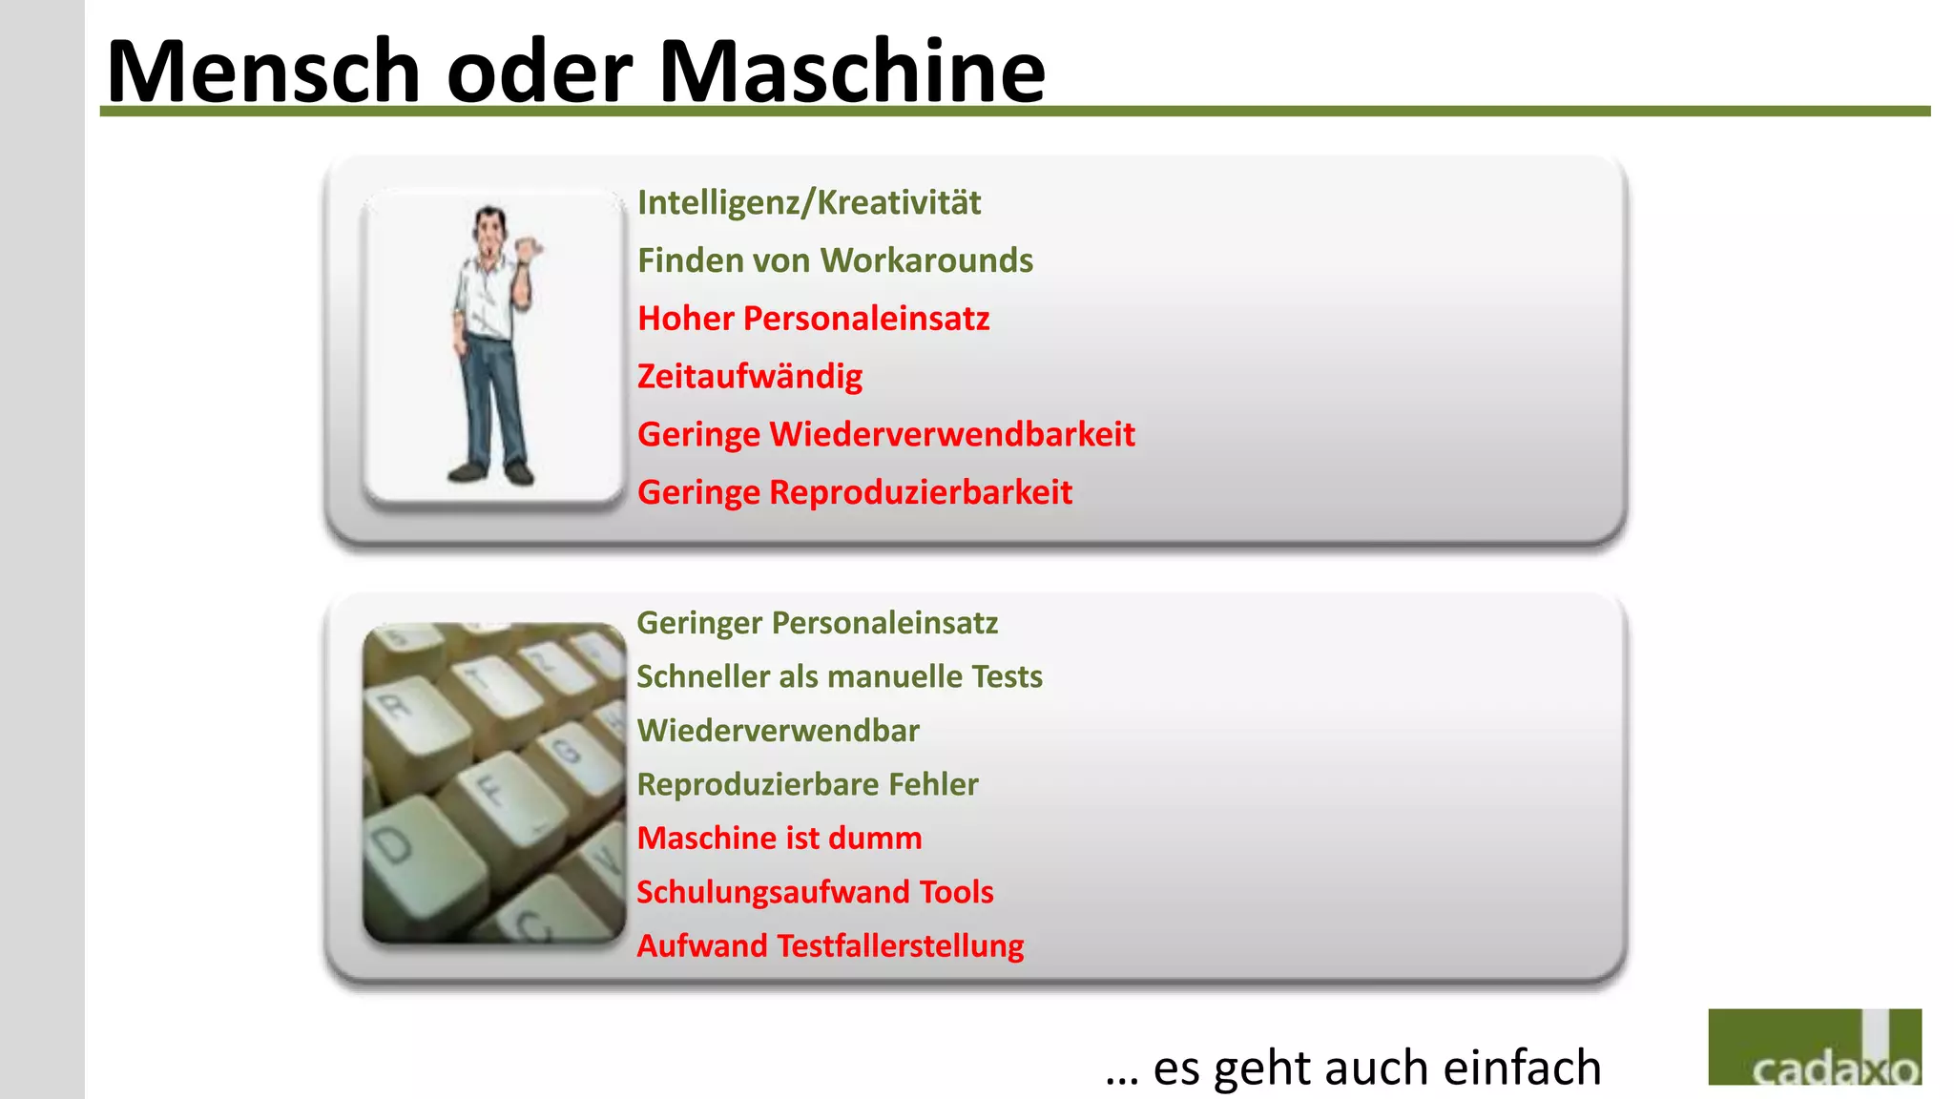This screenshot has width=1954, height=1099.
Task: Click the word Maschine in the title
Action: [x=852, y=72]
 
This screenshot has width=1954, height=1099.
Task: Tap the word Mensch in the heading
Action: [x=263, y=72]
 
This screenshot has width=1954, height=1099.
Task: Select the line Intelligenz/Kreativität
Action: [x=808, y=202]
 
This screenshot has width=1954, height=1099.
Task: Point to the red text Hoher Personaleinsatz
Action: [x=813, y=319]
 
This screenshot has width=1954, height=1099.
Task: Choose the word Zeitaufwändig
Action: [x=749, y=377]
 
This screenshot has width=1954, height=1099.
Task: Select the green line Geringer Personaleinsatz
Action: [x=817, y=623]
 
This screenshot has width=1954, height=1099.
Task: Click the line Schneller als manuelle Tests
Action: [x=839, y=676]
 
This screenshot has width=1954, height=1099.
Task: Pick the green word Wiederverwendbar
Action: [x=778, y=731]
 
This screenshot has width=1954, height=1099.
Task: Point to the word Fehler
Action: [x=933, y=784]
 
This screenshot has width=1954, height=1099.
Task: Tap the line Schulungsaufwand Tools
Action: [x=815, y=892]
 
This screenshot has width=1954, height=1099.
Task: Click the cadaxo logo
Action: [x=1814, y=1047]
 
